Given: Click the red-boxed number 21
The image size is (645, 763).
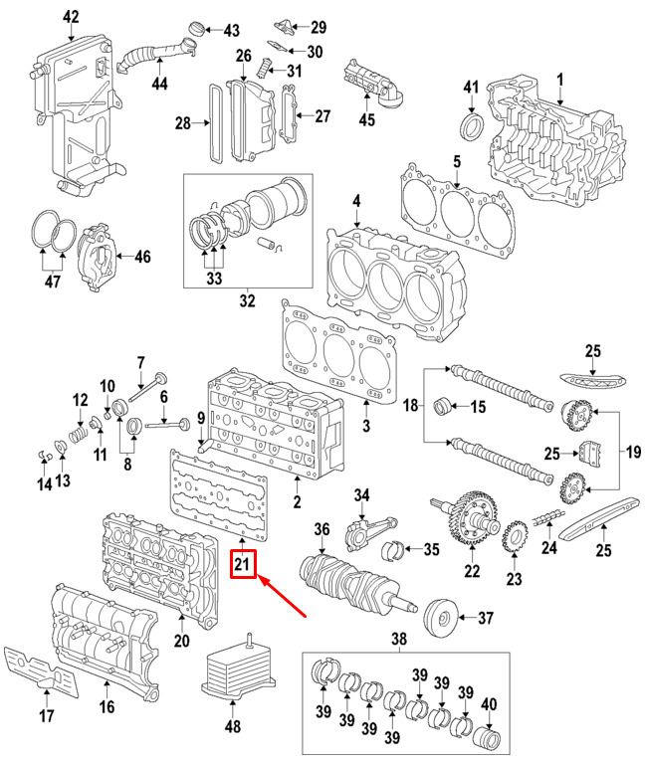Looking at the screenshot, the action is click(x=243, y=564).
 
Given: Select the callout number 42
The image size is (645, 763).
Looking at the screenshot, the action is click(x=71, y=17).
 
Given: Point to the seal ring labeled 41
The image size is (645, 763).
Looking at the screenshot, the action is click(x=472, y=127).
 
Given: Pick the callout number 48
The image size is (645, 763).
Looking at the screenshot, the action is click(x=233, y=726).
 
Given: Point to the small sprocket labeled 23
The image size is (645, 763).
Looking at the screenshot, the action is click(x=515, y=536).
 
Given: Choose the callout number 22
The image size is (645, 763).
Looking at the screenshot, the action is click(x=472, y=571).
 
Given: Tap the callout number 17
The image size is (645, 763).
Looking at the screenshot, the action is click(x=46, y=716).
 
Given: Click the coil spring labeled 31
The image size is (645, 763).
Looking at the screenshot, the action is click(x=266, y=67).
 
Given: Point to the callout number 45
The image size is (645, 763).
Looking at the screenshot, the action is click(x=367, y=119).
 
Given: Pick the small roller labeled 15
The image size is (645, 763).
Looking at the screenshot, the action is click(x=442, y=406).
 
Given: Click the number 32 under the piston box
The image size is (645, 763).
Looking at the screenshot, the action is click(x=247, y=300).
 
